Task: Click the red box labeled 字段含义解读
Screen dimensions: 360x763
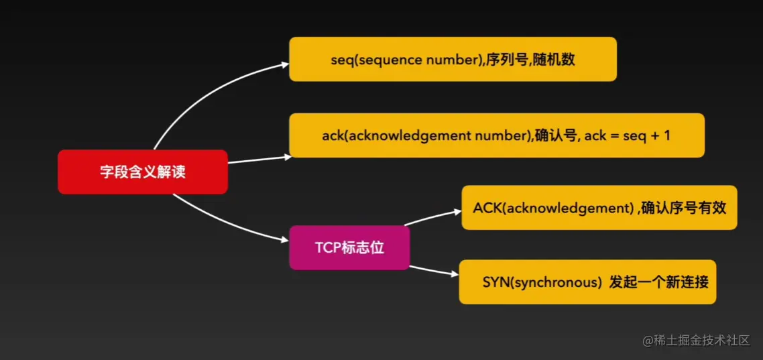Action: click(143, 172)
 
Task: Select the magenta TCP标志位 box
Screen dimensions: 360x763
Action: click(349, 247)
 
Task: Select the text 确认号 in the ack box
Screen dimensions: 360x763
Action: click(556, 136)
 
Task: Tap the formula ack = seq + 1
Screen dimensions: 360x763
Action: click(628, 136)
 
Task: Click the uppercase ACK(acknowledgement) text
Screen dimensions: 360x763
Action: click(552, 208)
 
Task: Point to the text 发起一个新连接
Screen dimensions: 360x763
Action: click(658, 282)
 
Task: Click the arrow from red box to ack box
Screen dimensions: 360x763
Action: click(260, 160)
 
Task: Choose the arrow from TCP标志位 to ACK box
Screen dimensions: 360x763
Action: click(432, 218)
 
